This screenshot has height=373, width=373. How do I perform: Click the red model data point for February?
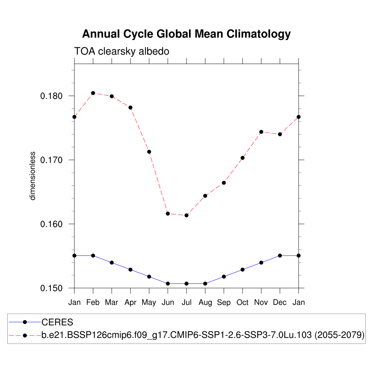pyautogui.click(x=93, y=93)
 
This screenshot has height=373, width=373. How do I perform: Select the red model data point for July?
pyautogui.click(x=186, y=215)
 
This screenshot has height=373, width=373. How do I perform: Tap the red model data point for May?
pyautogui.click(x=149, y=152)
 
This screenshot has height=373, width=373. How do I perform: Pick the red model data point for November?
pyautogui.click(x=261, y=132)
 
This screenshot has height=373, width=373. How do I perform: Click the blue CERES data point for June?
pyautogui.click(x=168, y=283)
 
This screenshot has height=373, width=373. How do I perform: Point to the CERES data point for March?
pyautogui.click(x=112, y=263)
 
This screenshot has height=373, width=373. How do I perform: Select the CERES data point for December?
pyautogui.click(x=280, y=256)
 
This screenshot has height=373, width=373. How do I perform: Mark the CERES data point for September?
pyautogui.click(x=224, y=276)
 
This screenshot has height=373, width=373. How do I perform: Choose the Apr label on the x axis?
pyautogui.click(x=130, y=303)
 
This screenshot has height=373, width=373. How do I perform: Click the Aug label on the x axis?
pyautogui.click(x=205, y=303)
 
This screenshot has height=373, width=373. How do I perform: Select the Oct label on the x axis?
pyautogui.click(x=243, y=303)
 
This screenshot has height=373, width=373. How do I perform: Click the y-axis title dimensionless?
pyautogui.click(x=33, y=176)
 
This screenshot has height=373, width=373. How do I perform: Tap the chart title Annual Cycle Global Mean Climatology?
pyautogui.click(x=186, y=34)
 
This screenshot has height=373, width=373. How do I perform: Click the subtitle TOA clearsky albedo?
pyautogui.click(x=122, y=51)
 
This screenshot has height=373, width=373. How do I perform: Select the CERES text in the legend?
pyautogui.click(x=58, y=322)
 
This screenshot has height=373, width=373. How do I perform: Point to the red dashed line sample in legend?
pyautogui.click(x=25, y=335)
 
